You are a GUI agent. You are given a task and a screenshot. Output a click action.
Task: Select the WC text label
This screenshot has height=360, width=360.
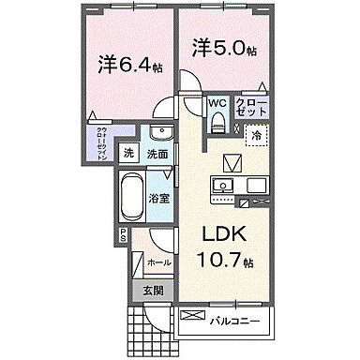(x=217, y=103)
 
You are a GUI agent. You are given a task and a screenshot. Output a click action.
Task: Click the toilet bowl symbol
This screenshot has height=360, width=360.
(x=217, y=119)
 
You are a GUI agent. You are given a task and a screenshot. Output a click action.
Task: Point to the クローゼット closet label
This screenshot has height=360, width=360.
(x=251, y=105)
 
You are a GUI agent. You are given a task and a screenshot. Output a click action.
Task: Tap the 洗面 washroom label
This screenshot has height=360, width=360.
(x=156, y=154)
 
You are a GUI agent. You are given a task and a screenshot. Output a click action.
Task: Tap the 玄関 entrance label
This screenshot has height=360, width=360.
(x=153, y=291)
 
